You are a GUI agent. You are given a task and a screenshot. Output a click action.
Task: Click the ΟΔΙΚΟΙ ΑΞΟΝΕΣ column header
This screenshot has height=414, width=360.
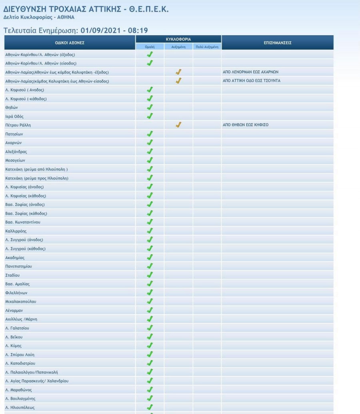[70, 42]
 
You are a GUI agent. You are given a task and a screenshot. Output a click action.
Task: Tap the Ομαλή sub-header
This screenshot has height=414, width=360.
[150, 47]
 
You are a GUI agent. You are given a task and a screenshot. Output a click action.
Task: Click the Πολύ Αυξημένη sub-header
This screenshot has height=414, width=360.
[207, 47]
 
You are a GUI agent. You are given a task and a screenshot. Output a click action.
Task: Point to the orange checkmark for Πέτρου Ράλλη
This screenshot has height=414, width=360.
[178, 125]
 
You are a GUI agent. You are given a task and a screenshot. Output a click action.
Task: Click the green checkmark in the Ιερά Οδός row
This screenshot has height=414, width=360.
[150, 116]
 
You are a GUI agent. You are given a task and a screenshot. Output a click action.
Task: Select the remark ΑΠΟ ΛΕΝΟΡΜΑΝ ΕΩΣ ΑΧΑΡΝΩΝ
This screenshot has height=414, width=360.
[250, 72]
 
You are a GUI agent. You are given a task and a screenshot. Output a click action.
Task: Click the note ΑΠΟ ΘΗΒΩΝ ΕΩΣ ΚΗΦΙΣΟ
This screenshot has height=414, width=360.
[245, 125]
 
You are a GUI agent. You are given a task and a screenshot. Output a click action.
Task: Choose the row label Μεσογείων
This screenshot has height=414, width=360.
[15, 160]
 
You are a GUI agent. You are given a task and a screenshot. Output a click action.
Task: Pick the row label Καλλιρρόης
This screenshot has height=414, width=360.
[16, 231]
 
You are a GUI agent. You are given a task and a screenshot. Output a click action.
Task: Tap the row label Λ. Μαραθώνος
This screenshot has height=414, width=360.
[18, 390]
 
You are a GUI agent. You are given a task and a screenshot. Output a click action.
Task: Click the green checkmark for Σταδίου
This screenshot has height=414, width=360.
[150, 275]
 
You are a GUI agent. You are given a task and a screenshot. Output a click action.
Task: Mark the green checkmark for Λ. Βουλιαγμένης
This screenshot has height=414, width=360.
[150, 398]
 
